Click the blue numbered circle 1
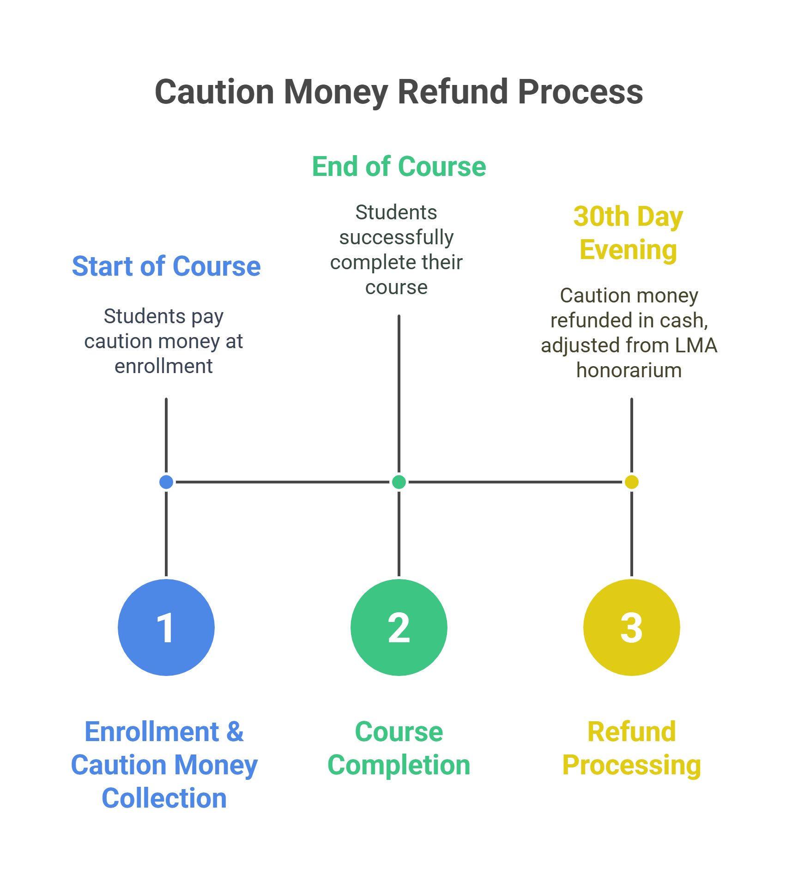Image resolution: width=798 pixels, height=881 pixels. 166,628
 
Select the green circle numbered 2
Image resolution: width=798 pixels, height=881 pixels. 399,628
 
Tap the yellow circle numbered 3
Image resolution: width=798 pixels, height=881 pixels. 631,628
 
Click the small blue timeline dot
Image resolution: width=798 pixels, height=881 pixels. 166,482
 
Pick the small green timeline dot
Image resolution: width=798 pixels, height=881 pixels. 399,482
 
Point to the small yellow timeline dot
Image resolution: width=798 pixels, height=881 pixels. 631,482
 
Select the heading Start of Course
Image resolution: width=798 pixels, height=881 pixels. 166,266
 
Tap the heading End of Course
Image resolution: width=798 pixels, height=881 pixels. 399,167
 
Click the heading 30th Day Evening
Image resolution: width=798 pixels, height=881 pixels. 628,233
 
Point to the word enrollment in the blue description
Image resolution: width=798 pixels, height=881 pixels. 163,366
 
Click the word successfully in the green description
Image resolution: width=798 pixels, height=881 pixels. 396,238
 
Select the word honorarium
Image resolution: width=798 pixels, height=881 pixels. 629,370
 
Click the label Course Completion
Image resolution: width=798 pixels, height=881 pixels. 399,748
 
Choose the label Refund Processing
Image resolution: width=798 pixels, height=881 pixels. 631,748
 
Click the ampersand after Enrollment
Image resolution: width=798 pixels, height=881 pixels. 235,732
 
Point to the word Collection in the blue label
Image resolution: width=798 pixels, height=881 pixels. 164,798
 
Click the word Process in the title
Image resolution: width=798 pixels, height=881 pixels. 580,92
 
